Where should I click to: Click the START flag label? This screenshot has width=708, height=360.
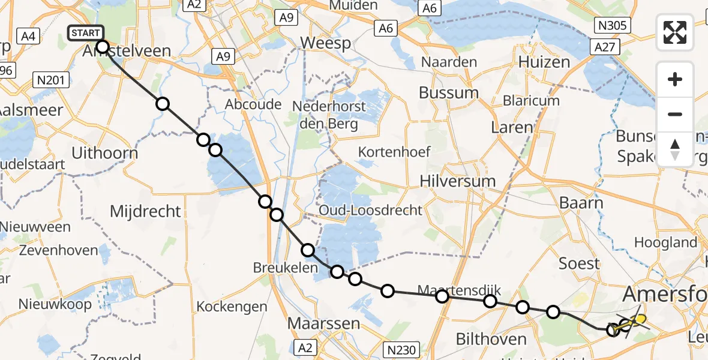(x=86, y=32)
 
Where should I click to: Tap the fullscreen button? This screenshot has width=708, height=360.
(x=675, y=32)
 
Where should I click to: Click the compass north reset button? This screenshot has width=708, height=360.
(x=675, y=149)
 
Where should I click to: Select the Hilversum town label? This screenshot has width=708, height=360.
(x=458, y=181)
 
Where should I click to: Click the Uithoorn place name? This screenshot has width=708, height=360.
(x=104, y=153)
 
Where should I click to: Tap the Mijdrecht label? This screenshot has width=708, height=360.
(x=145, y=211)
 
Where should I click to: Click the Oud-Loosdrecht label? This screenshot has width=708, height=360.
(x=371, y=210)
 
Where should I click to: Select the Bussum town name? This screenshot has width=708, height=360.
(x=449, y=93)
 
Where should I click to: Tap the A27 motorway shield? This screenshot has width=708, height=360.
(x=604, y=47)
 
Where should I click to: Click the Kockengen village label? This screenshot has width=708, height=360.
(x=232, y=307)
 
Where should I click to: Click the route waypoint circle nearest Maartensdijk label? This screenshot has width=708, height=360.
(x=442, y=296)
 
